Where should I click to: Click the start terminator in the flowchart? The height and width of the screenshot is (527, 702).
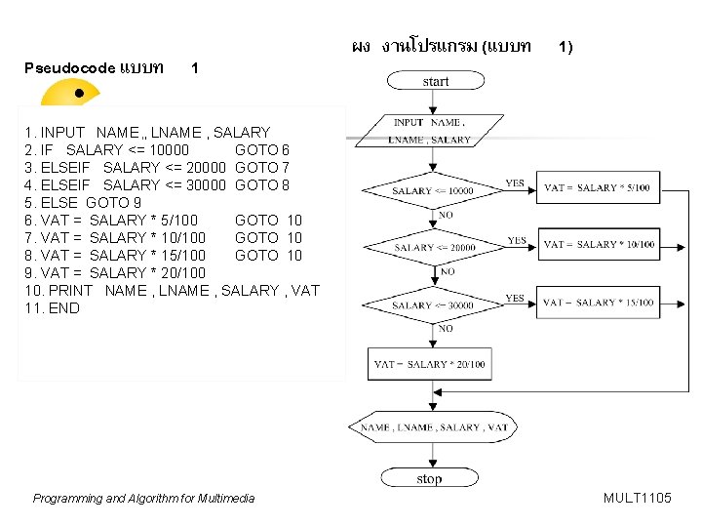pos(436,82)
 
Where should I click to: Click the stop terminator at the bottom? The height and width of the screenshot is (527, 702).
pos(429,478)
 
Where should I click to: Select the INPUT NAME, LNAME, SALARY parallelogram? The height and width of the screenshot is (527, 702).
pos(429,131)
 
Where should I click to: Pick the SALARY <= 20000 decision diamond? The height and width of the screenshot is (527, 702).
pos(435,248)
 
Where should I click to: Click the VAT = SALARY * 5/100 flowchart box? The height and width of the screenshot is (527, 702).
pos(596,187)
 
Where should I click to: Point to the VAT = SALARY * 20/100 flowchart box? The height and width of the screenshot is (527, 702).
pos(429,364)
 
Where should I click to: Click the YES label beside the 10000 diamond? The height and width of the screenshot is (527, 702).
pos(515,182)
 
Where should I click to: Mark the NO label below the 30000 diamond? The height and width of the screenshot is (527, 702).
pos(446,329)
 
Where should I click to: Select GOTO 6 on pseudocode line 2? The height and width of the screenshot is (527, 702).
pos(262,149)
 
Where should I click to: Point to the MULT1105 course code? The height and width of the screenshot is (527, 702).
pos(637,498)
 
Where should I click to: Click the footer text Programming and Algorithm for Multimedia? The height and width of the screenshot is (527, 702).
pos(143,499)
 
